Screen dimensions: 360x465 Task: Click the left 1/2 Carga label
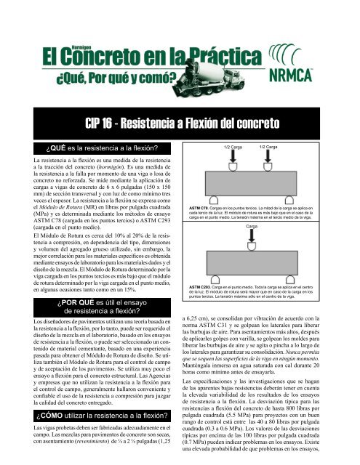[233, 147]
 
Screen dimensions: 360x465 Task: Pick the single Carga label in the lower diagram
[251, 227]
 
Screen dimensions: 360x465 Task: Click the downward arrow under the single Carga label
[251, 237]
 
